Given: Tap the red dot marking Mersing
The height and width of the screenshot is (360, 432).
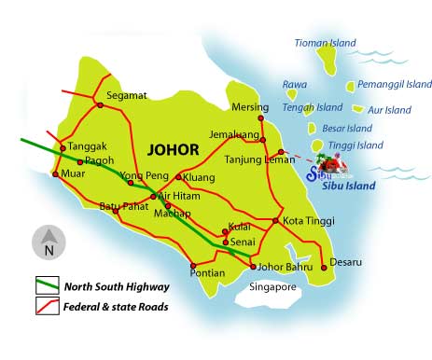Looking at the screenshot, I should click(262, 118).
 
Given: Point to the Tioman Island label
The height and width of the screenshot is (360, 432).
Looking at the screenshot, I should click(327, 43).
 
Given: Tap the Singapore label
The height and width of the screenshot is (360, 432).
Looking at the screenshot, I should click(272, 287).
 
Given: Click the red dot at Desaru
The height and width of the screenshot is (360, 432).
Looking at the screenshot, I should click(324, 268).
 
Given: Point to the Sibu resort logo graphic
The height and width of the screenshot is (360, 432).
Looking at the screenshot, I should click(334, 169).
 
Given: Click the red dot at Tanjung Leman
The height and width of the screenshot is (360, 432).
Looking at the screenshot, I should click(280, 151).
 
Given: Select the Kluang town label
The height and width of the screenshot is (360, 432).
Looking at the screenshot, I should click(200, 176).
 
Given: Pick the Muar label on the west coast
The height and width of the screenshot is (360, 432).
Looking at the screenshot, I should click(72, 173).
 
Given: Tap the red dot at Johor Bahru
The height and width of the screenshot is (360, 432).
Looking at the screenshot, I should click(253, 267).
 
